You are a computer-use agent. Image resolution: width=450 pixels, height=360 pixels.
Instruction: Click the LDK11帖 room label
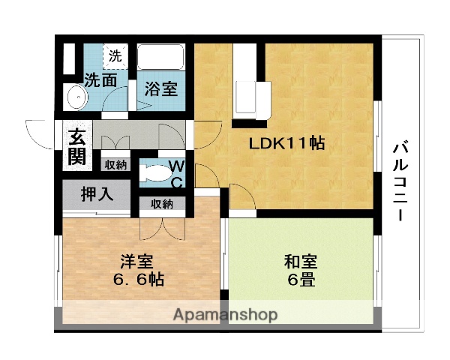[287, 143]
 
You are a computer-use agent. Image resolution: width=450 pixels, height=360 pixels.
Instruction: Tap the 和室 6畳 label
[300, 271]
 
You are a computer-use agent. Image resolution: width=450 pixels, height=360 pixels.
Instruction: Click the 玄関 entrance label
[77, 147]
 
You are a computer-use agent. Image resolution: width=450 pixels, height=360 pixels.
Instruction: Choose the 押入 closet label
[97, 193]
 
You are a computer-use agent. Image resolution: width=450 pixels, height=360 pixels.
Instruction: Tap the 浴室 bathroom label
[160, 88]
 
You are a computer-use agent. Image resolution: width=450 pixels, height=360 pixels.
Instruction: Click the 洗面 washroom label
[100, 79]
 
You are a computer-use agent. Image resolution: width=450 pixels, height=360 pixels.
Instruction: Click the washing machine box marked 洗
[115, 55]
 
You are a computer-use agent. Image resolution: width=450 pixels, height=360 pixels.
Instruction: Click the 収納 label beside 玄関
[115, 164]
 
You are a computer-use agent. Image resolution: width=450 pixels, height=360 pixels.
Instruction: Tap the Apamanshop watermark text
[225, 315]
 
